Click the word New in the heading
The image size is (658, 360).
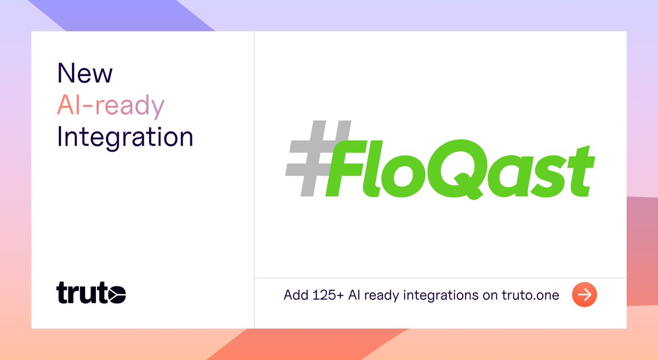tap(85, 73)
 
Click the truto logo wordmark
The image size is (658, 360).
tap(91, 293)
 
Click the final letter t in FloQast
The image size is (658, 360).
tap(578, 170)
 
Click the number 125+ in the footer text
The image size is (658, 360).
tap(326, 295)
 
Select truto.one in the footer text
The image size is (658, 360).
tap(530, 295)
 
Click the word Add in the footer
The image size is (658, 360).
tap(294, 295)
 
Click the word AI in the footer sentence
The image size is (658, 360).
tap(355, 295)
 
